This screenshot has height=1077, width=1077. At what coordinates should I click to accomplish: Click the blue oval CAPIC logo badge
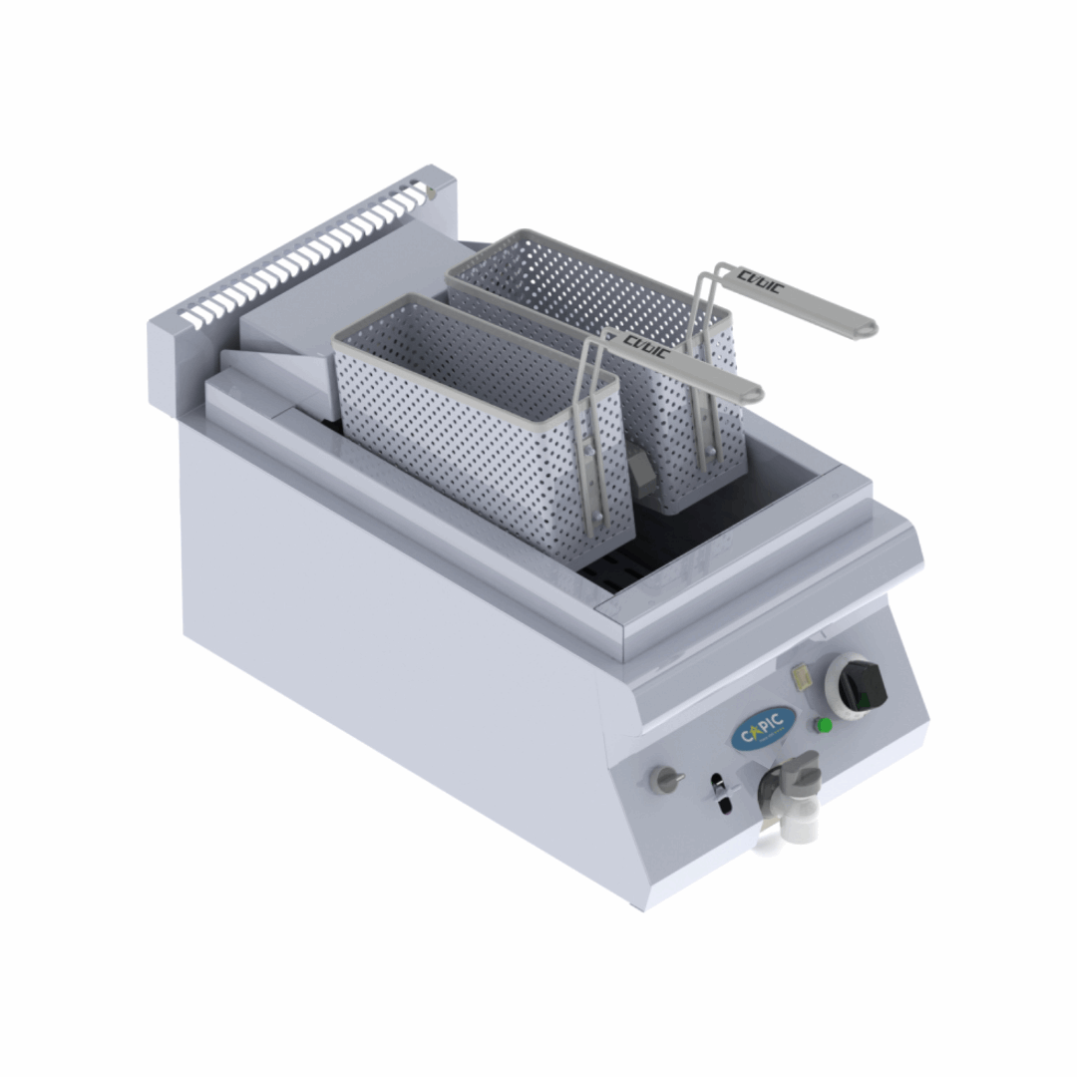tap(764, 728)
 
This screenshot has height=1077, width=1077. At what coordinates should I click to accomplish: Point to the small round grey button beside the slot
tap(664, 779)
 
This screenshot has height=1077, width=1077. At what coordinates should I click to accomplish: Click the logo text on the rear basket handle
tap(760, 282)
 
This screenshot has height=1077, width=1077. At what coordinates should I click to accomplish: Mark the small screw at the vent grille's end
tap(431, 189)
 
